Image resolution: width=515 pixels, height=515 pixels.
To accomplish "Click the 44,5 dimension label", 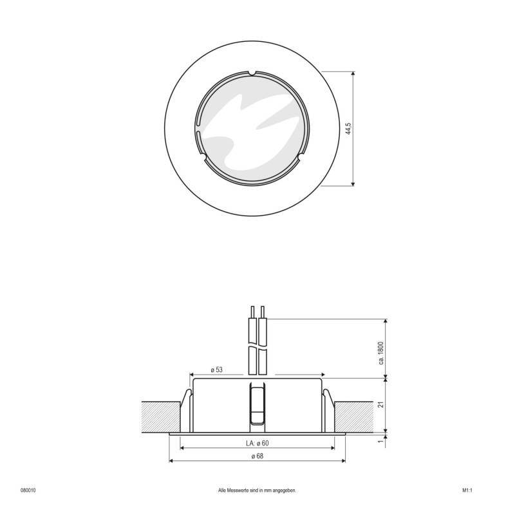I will [x=348, y=129].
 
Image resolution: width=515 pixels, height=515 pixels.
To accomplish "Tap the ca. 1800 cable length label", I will [x=381, y=353].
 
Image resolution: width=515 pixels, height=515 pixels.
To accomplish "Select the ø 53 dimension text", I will [x=216, y=370].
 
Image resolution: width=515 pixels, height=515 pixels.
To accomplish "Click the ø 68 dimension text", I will [x=257, y=456].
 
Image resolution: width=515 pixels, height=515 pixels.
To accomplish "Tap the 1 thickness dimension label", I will [x=381, y=441].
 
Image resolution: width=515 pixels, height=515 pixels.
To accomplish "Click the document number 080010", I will [x=28, y=489].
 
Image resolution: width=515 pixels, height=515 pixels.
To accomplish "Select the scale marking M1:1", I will [x=467, y=489].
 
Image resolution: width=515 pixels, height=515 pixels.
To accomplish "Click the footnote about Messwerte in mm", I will [x=257, y=489].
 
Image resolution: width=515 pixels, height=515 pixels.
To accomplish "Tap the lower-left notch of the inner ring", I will [x=202, y=156].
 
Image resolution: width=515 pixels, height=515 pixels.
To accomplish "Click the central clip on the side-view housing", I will [x=257, y=406].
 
